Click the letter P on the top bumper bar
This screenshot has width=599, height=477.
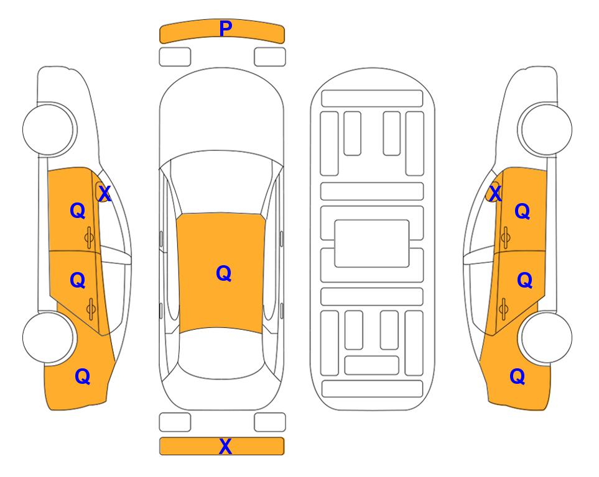click(226, 29)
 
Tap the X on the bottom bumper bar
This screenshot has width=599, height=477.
click(225, 446)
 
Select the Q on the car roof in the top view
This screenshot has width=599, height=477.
click(223, 273)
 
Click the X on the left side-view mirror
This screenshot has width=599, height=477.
click(104, 194)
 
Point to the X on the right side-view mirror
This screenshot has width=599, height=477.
click(495, 193)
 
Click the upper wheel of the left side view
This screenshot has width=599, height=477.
click(49, 130)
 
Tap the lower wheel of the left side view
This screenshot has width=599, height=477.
click(49, 338)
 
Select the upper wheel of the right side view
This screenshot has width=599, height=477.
click(546, 129)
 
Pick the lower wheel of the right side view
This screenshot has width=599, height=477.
click(546, 337)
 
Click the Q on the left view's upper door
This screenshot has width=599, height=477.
click(78, 211)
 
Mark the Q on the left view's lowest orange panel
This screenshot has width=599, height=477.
click(83, 376)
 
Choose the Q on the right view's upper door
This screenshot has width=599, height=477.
click(522, 211)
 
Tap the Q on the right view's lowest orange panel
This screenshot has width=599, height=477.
click(518, 376)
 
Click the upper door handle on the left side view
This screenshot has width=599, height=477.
click(89, 238)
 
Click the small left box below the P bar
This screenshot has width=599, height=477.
click(175, 57)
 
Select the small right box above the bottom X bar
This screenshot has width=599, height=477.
click(270, 422)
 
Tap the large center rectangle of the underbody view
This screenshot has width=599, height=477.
click(372, 243)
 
